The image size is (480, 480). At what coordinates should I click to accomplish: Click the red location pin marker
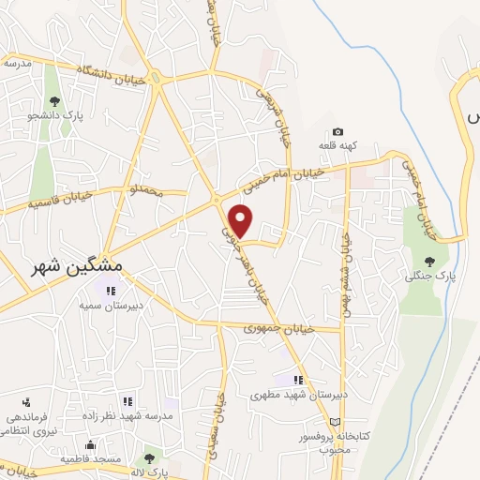click(242, 219)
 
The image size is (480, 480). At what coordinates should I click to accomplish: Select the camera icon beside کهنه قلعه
click(337, 132)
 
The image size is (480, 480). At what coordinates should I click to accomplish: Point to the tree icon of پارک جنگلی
click(429, 262)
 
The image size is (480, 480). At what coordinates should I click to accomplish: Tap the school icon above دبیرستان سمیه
click(112, 292)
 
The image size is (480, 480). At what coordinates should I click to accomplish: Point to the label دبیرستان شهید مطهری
click(299, 395)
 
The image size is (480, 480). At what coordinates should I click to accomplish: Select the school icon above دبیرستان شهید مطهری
click(298, 380)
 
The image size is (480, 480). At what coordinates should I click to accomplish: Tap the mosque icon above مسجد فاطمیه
click(89, 444)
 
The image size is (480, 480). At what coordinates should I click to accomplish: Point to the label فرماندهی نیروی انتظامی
click(23, 424)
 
